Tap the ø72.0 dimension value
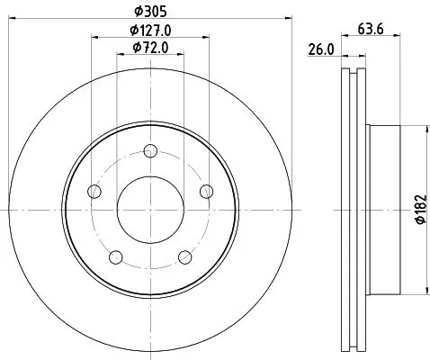[149, 47]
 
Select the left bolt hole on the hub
[94, 191]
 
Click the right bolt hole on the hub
[206, 191]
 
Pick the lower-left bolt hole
[115, 257]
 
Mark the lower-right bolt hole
[184, 257]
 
